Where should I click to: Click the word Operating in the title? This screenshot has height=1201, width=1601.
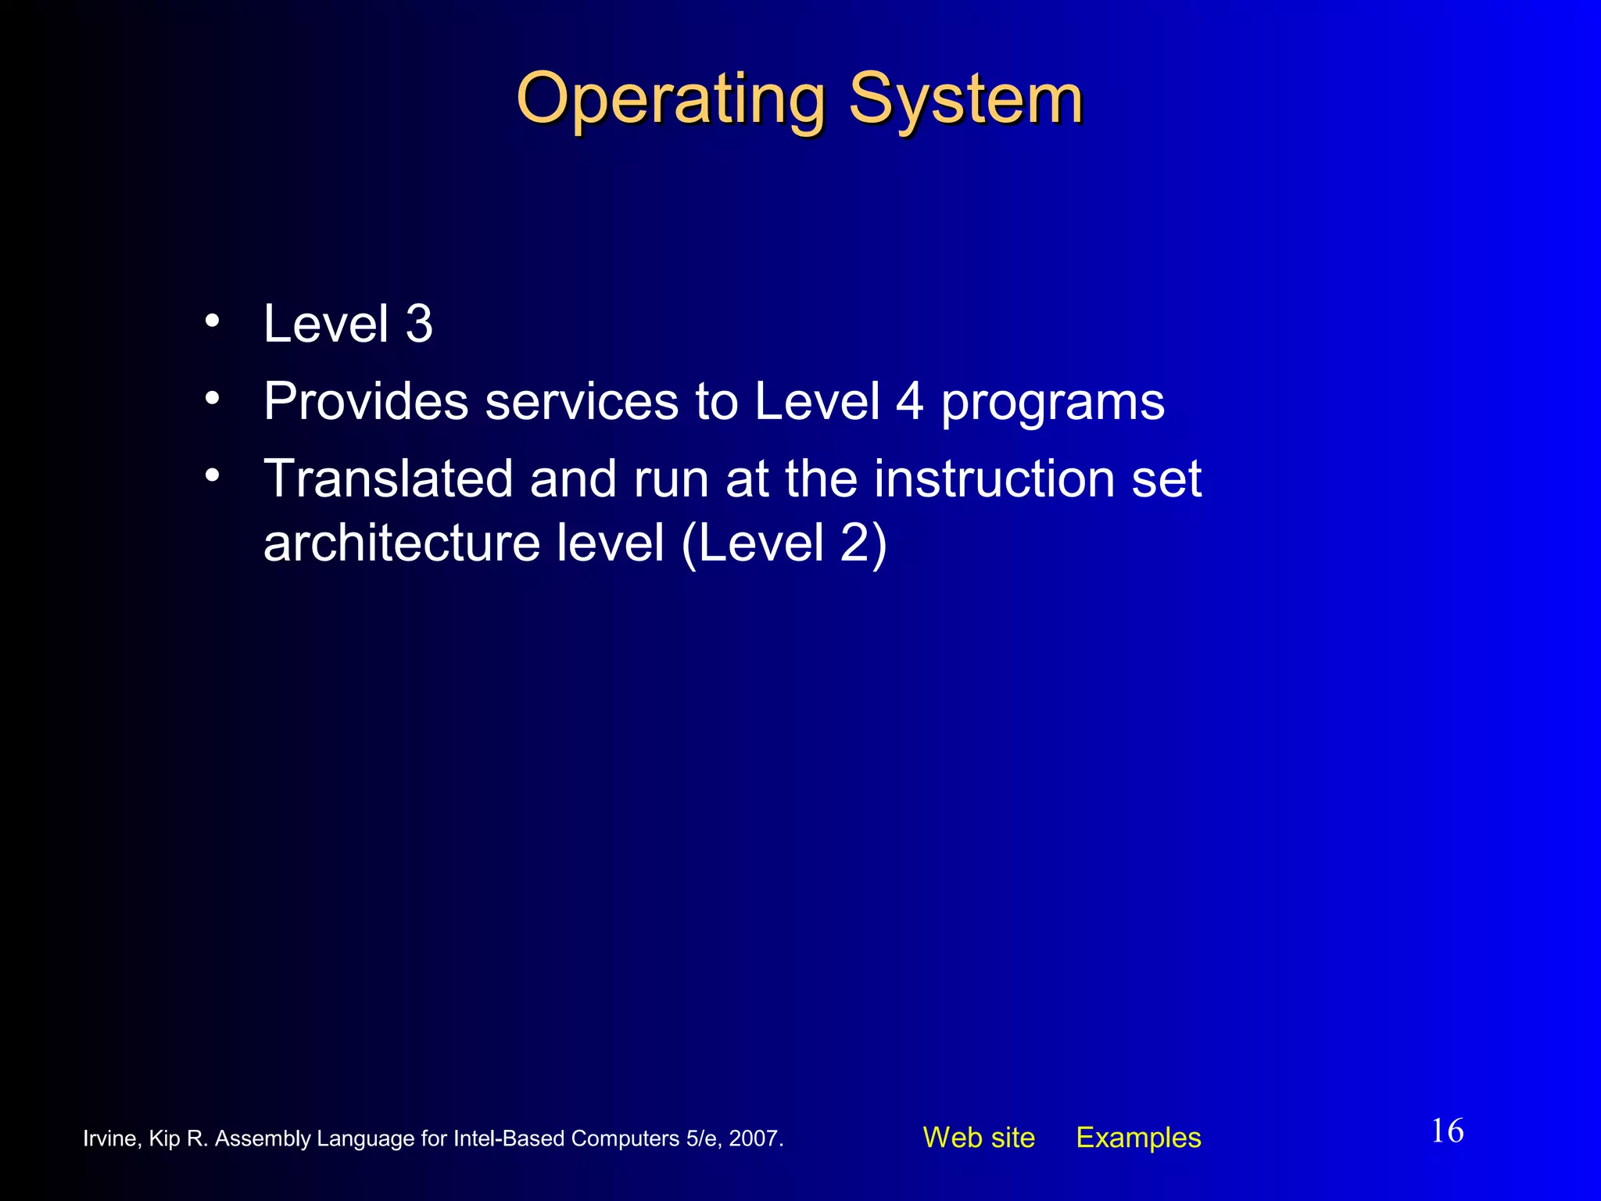coord(671,100)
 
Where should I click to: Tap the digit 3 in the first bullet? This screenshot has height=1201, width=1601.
coord(419,324)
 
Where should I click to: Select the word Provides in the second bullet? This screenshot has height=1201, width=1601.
coord(366,401)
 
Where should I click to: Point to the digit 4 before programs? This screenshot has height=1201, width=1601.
coord(909,402)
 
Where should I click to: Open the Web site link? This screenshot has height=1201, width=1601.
coord(979,1138)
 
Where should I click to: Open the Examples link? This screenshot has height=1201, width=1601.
coord(1138,1138)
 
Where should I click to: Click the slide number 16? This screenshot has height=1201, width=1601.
coord(1447,1131)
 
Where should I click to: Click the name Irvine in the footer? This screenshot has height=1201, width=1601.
coord(111,1138)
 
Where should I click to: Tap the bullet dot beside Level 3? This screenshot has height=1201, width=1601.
coord(213,321)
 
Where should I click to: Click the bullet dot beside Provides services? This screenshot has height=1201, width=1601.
coord(213,399)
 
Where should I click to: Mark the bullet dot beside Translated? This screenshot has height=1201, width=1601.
coord(213,475)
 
